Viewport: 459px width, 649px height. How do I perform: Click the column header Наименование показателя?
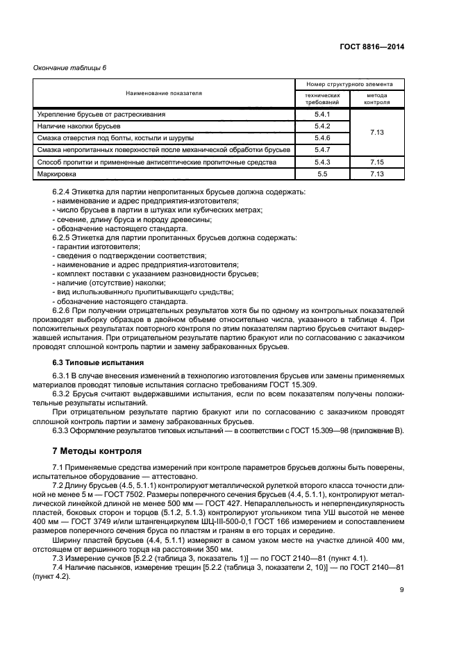164,93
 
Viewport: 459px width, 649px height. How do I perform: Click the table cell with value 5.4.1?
322,113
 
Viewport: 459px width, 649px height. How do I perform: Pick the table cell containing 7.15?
376,161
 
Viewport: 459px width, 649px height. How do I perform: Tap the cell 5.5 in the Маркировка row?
322,174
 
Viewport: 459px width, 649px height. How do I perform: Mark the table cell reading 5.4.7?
322,149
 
